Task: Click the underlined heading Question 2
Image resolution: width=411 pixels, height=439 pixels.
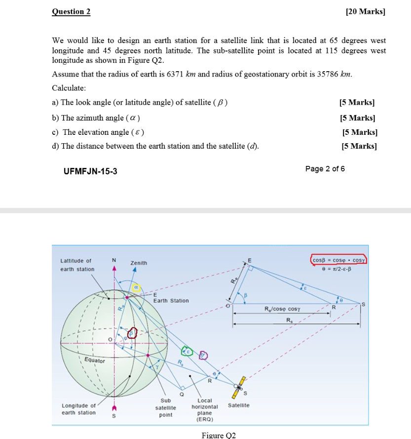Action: (71, 11)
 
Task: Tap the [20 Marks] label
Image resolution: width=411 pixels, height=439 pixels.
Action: (365, 11)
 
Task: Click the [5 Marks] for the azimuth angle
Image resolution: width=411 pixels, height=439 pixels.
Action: (357, 118)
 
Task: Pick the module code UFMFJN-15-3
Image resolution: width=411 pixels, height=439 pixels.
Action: (90, 171)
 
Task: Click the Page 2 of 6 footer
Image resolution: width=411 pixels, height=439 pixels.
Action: (325, 169)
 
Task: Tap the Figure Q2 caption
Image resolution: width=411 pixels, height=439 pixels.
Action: (219, 435)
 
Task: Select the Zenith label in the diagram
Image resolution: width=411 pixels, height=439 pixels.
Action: (139, 263)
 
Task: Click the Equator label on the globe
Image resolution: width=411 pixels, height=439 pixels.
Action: (94, 360)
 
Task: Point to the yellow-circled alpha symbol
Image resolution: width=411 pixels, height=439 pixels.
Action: (135, 287)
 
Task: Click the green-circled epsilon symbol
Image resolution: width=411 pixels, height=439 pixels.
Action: (187, 351)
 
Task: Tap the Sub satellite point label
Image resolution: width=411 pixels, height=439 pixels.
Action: (165, 407)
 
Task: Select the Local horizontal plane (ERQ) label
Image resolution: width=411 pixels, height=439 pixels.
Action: (204, 409)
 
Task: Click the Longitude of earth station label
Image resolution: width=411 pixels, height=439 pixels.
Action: (79, 409)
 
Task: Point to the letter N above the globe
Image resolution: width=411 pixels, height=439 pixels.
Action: (114, 260)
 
